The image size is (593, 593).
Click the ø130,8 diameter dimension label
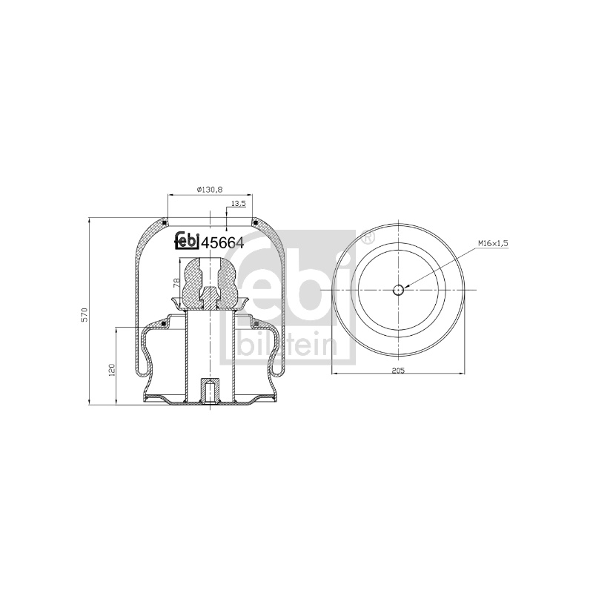(x=210, y=190)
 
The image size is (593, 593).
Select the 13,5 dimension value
(x=238, y=203)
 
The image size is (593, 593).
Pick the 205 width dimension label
(x=398, y=370)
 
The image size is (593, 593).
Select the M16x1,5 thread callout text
(x=493, y=244)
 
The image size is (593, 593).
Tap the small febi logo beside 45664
(x=187, y=240)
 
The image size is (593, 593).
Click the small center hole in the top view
(x=398, y=290)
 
